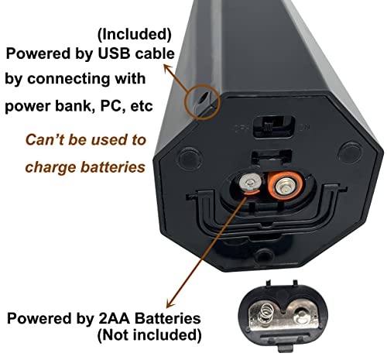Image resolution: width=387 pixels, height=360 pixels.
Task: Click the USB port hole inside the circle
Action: click(203, 99)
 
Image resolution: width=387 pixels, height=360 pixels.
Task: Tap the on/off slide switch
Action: click(273, 126)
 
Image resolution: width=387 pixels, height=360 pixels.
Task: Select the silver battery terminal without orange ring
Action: click(250, 183)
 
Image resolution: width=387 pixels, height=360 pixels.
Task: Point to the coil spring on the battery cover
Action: click(266, 314)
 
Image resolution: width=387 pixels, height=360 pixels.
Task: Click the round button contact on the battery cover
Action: click(301, 315)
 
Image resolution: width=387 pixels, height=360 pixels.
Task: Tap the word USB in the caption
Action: click(113, 53)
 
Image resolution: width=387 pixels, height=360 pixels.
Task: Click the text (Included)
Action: click(135, 34)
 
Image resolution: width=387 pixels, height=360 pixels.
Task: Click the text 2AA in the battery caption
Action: click(114, 318)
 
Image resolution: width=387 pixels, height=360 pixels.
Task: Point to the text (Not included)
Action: click(149, 335)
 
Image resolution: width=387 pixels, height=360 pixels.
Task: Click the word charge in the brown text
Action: click(51, 167)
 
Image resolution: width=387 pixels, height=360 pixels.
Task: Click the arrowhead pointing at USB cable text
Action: click(168, 69)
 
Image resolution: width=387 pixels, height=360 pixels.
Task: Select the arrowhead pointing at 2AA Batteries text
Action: click(170, 303)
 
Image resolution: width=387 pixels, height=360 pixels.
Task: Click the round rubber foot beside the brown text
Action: click(190, 158)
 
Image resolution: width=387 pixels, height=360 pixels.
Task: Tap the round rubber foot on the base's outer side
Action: click(350, 153)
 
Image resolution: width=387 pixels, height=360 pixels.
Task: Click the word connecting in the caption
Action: click(68, 79)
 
